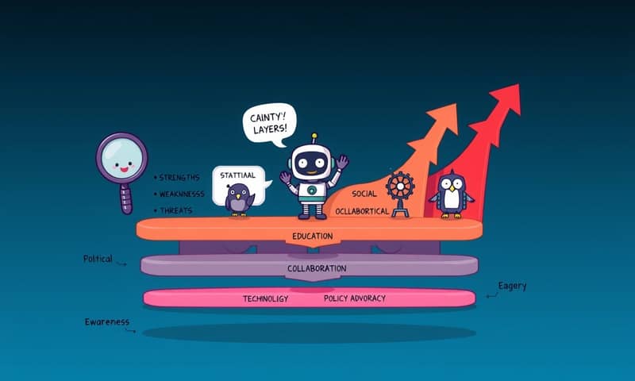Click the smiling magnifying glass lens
[122, 162]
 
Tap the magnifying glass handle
[125, 199]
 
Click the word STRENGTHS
[182, 176]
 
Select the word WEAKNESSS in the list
[182, 194]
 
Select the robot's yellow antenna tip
[314, 137]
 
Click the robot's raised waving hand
[342, 163]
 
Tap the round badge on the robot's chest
[313, 190]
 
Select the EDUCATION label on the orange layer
[312, 236]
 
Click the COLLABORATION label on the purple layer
[317, 268]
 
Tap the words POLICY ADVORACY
[355, 298]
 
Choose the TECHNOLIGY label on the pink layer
[265, 298]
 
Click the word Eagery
[512, 285]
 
